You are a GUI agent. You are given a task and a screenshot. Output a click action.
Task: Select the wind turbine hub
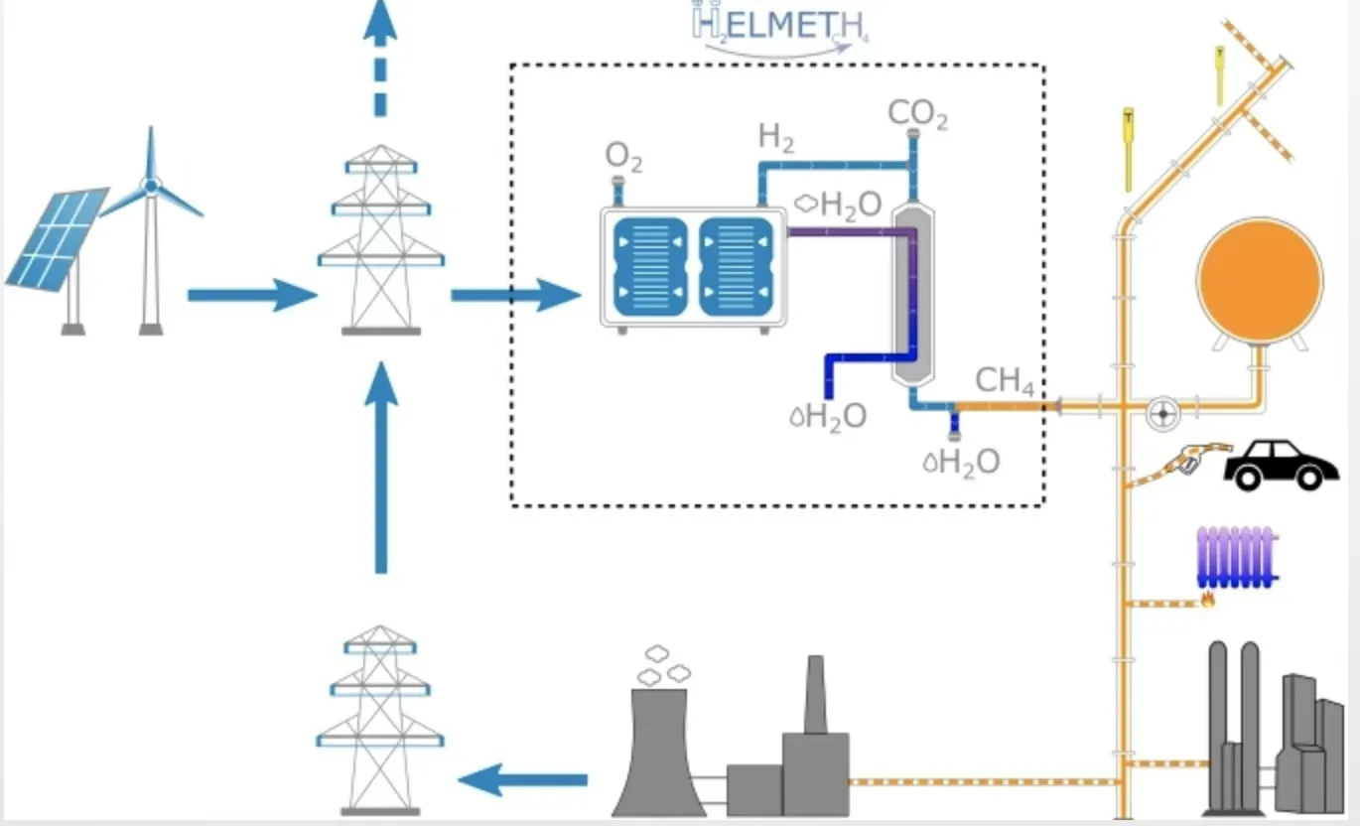pos(150,186)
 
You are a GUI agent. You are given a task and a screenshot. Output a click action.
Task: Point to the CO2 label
pos(917,114)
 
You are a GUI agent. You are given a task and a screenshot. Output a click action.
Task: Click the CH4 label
pos(1005,380)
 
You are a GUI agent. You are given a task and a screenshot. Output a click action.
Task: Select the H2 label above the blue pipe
pos(776,137)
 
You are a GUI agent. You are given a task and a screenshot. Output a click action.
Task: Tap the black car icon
pos(1275,465)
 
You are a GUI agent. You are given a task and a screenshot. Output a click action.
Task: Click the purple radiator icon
pos(1236,556)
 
